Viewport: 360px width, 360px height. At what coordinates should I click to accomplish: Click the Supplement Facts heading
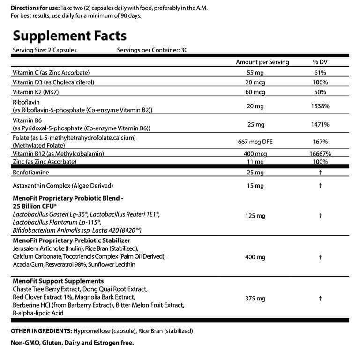(69, 36)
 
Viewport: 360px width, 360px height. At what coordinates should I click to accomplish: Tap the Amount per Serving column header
(262, 62)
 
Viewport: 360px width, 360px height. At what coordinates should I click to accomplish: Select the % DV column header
(319, 62)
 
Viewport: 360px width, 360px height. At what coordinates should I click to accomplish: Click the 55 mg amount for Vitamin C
(255, 73)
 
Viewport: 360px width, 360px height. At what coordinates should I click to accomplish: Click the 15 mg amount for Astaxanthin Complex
(255, 186)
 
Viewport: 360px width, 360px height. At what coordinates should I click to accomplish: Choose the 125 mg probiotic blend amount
(255, 216)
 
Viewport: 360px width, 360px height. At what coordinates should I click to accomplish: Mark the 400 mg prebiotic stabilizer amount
(255, 257)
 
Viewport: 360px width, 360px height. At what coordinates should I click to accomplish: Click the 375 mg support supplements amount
(255, 298)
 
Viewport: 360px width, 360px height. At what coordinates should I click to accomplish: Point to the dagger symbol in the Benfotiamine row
(319, 173)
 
